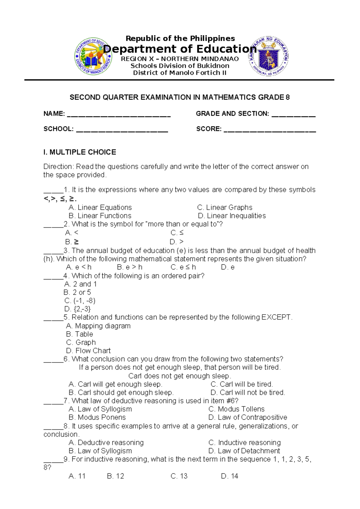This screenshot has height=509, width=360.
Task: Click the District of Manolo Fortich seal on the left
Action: tap(93, 56)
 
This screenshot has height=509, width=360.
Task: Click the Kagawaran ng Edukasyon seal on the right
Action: tap(269, 56)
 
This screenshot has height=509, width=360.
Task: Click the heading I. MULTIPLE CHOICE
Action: tap(79, 152)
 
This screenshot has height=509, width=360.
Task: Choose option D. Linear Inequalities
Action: tap(232, 216)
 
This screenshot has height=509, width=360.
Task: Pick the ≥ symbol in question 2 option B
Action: tap(76, 242)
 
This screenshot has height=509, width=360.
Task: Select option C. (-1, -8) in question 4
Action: tap(80, 301)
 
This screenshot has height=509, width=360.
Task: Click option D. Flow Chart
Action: tap(88, 351)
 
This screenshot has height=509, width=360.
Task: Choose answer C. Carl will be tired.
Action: tap(241, 384)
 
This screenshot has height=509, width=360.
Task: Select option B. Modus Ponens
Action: tap(97, 417)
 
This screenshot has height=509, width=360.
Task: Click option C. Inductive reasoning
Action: tap(244, 442)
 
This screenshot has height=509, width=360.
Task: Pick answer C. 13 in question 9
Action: tap(179, 476)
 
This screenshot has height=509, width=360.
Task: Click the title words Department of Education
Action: tap(180, 49)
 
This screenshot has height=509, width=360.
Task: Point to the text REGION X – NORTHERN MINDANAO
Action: tap(180, 59)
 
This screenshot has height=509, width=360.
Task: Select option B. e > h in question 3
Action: tap(130, 267)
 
